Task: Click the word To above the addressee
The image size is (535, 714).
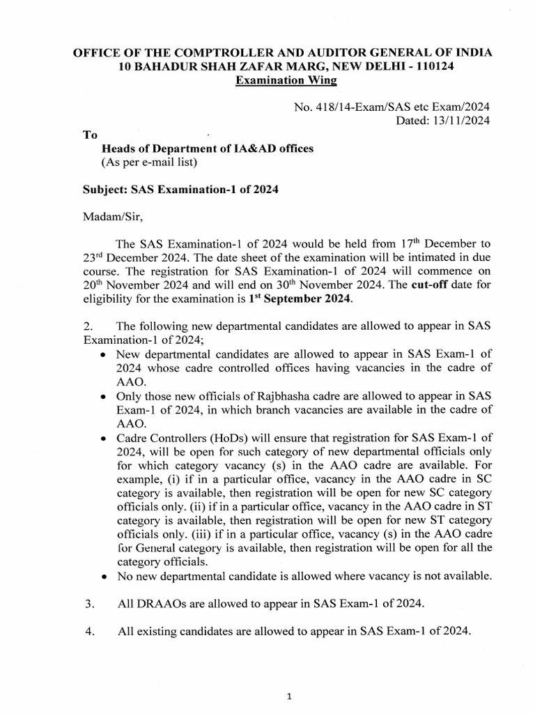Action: click(x=90, y=135)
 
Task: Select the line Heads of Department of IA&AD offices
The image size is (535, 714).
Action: click(x=208, y=149)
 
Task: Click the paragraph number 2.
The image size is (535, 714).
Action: click(x=86, y=326)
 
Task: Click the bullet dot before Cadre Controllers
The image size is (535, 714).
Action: click(x=103, y=438)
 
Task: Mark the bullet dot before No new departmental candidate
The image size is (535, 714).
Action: click(x=103, y=577)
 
